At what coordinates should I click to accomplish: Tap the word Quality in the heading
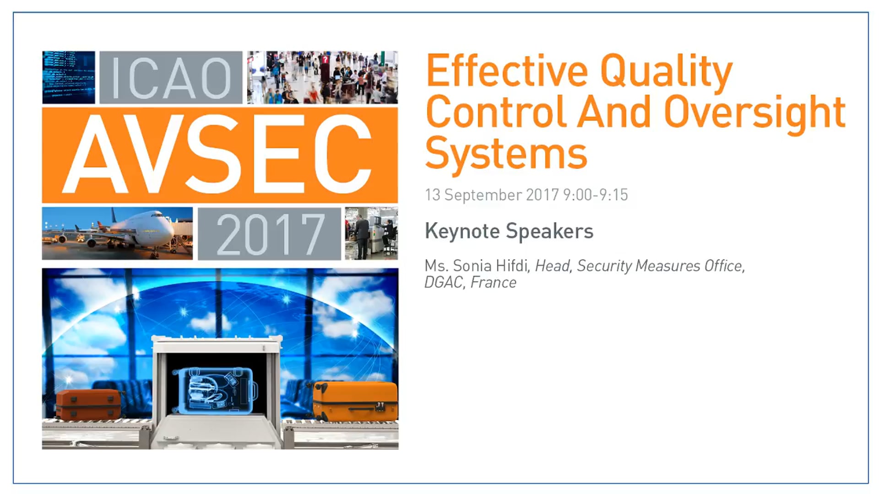(666, 72)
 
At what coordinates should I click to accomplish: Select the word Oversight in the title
(754, 112)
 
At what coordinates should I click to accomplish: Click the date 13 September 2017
(492, 195)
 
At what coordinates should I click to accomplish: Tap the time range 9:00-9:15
(596, 195)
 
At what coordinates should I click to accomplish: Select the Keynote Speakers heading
(509, 231)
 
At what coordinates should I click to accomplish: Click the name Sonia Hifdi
(491, 266)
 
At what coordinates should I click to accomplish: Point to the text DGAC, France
(470, 283)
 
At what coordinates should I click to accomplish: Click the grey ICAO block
(171, 77)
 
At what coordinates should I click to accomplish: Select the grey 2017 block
(269, 234)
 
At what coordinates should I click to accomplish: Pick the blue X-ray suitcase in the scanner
(215, 390)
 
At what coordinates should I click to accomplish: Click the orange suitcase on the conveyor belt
(355, 401)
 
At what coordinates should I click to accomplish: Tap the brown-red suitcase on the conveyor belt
(88, 404)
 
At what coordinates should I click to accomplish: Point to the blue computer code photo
(69, 77)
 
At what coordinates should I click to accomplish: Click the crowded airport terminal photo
(322, 77)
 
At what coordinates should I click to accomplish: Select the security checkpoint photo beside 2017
(371, 233)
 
